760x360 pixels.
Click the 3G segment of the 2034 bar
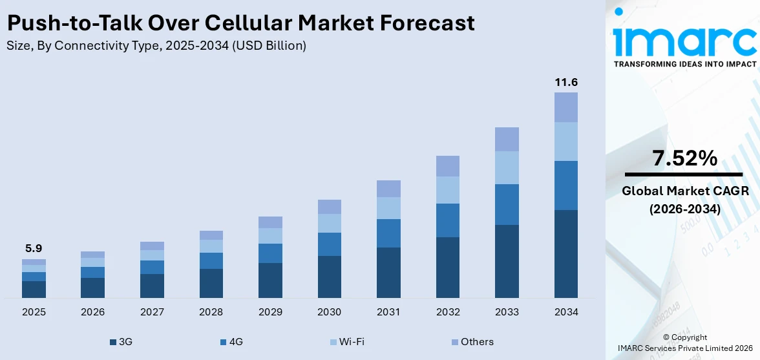[566, 253]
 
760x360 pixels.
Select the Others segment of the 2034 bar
[566, 107]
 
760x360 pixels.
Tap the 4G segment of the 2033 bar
[507, 204]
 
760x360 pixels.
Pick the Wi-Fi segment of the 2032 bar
[447, 190]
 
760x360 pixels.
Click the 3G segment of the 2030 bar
[329, 277]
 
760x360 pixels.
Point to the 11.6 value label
[566, 82]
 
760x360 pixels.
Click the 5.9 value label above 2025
[34, 248]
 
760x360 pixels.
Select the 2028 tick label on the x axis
[211, 312]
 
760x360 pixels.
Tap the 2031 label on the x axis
[388, 312]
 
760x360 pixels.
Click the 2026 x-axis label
[92, 312]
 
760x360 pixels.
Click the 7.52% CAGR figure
[684, 158]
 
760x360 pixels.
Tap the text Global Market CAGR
[684, 191]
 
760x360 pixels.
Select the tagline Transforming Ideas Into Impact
[684, 64]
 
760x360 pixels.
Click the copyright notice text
[684, 343]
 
